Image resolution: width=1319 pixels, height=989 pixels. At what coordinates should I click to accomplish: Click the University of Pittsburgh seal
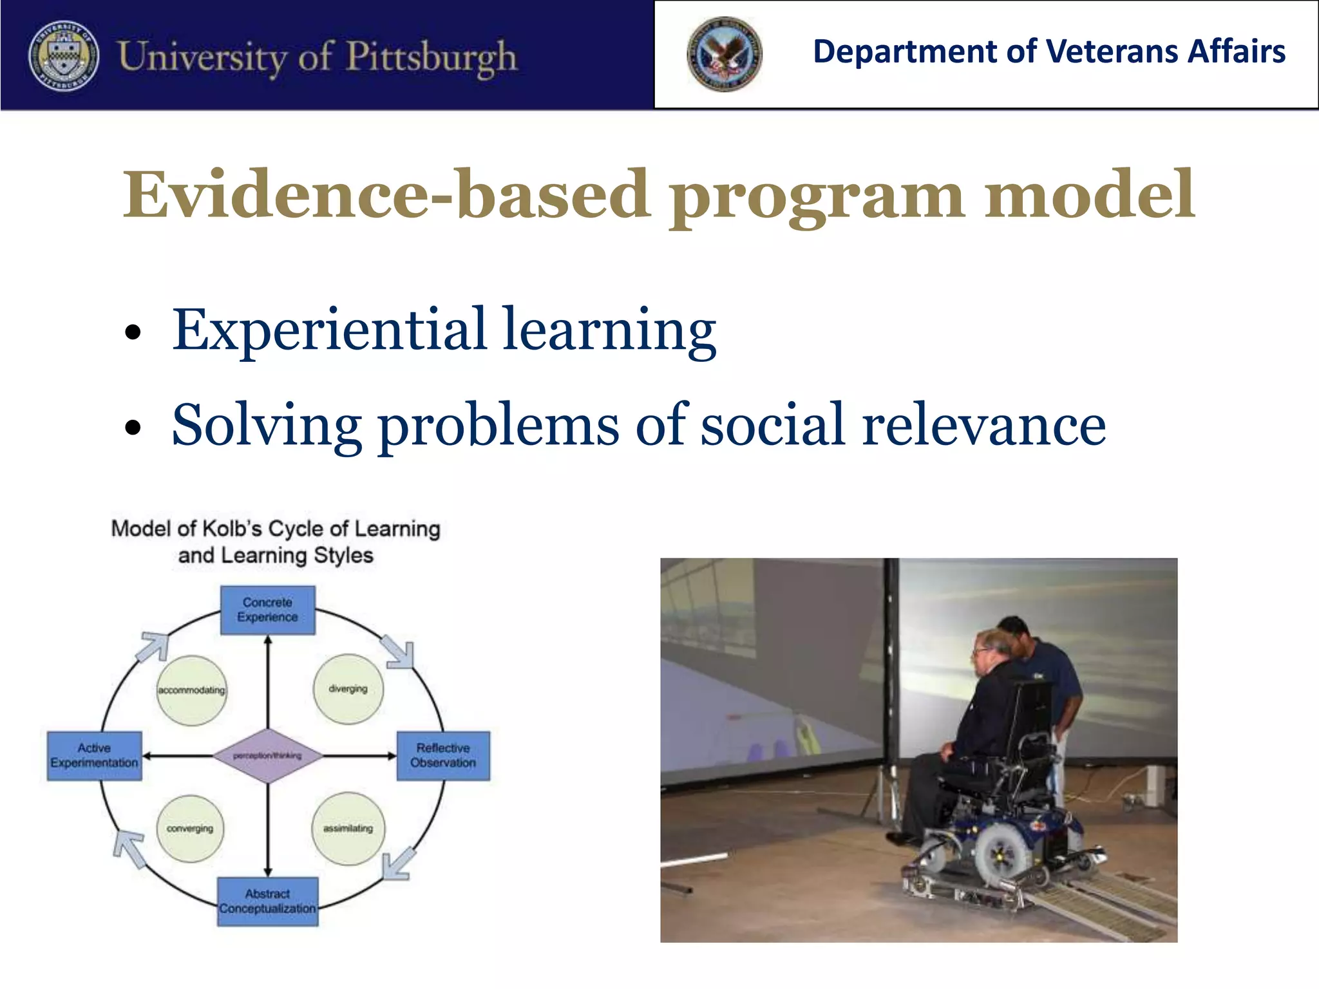[63, 55]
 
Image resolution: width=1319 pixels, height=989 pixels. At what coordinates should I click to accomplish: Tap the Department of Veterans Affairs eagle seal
[724, 54]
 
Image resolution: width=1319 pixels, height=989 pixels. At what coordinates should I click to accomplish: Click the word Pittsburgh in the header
[432, 57]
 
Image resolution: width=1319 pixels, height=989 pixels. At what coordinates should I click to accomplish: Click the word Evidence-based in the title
[386, 194]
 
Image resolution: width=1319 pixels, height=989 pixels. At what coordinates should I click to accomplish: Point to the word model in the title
[1088, 194]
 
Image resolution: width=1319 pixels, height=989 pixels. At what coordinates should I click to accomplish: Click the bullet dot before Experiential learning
[133, 333]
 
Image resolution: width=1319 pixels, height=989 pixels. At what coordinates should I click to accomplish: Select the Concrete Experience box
[267, 610]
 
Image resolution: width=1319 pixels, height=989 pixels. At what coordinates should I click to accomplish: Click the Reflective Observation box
[443, 755]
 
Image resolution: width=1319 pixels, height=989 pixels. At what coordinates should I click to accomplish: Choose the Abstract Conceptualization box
[267, 901]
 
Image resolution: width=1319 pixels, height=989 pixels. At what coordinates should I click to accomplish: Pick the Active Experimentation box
[94, 755]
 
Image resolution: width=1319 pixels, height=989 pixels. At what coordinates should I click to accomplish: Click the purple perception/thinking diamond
[267, 755]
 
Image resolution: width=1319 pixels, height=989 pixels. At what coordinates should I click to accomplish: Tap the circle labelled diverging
[348, 689]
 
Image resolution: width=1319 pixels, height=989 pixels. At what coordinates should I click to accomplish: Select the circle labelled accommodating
[191, 690]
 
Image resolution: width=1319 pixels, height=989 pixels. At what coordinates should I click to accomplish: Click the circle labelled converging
[190, 829]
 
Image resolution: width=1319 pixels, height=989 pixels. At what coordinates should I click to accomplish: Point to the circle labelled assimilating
[348, 829]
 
